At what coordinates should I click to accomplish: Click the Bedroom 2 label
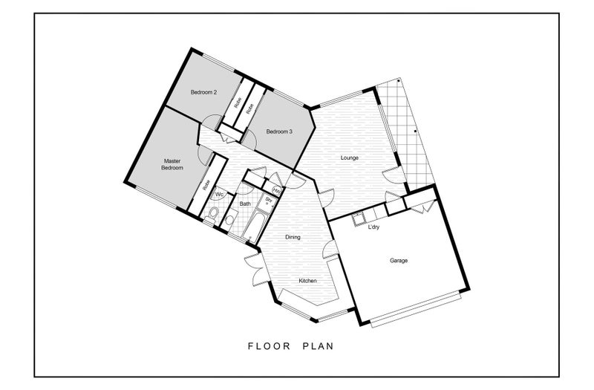click(x=203, y=92)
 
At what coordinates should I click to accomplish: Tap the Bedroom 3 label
click(x=279, y=132)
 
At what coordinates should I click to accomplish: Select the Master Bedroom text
click(x=172, y=164)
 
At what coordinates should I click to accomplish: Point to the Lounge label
click(x=349, y=157)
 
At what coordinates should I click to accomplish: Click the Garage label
click(x=399, y=261)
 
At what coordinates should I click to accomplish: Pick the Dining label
click(x=293, y=237)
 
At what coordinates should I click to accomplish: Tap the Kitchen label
click(x=307, y=281)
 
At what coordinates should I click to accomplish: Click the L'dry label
click(x=374, y=227)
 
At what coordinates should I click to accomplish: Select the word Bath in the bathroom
click(x=245, y=204)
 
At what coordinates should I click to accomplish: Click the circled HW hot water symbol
click(x=276, y=190)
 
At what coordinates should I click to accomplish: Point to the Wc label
click(x=219, y=195)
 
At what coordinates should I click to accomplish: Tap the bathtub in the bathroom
click(x=255, y=227)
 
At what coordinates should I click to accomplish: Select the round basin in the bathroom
click(x=229, y=219)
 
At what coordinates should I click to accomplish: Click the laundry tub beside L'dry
click(x=358, y=219)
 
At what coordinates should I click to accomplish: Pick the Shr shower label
click(x=269, y=199)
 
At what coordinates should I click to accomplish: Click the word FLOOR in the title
click(x=270, y=346)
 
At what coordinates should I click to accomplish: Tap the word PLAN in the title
click(x=319, y=346)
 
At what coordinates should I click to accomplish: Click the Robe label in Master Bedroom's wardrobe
click(x=206, y=184)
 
